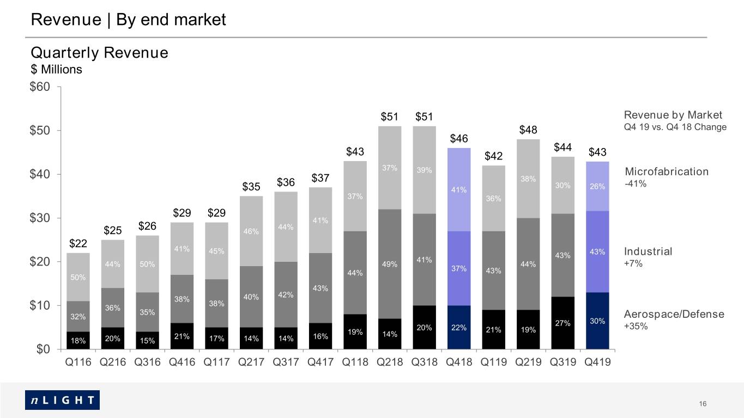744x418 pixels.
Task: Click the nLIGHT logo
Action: tap(62, 399)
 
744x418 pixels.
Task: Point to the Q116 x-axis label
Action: tap(78, 362)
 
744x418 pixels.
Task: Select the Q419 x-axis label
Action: tap(597, 362)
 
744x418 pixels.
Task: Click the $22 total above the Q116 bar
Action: tap(78, 243)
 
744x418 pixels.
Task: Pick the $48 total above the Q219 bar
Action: tap(528, 130)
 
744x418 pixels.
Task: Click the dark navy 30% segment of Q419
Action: tap(597, 321)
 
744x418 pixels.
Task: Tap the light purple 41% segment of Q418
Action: tap(459, 189)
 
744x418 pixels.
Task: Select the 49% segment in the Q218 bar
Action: tap(390, 264)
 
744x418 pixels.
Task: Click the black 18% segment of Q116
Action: tap(78, 340)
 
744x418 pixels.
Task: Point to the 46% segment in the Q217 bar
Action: tap(251, 231)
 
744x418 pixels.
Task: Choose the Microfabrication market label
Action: tap(667, 171)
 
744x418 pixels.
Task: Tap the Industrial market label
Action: tap(648, 251)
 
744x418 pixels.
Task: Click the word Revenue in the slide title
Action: tap(66, 19)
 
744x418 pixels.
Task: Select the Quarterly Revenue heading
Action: tap(99, 52)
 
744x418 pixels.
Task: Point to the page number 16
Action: tap(703, 404)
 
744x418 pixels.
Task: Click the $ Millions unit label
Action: tap(56, 69)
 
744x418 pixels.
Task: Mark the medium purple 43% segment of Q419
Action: tap(597, 251)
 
